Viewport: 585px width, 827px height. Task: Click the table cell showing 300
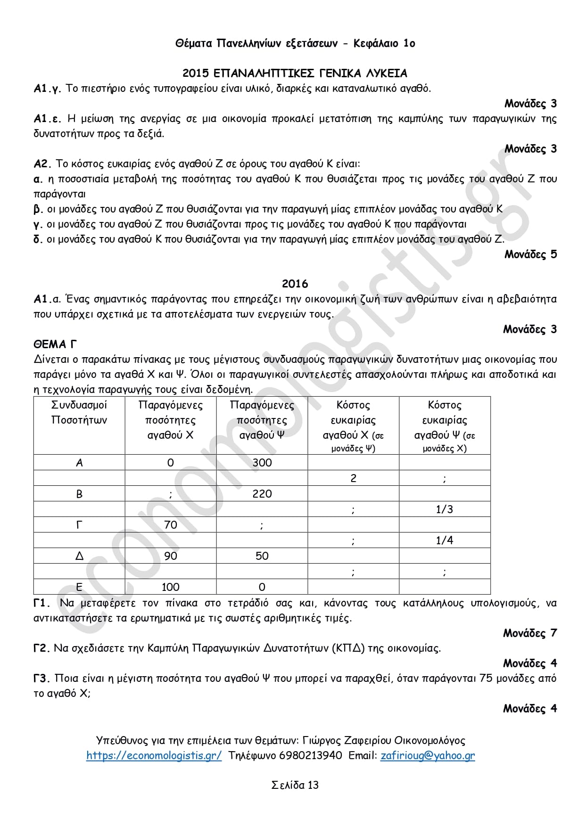[x=262, y=463]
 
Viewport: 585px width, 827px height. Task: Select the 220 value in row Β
[x=262, y=494]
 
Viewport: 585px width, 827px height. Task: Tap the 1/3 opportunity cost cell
[x=444, y=509]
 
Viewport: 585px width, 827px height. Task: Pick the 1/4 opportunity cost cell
[x=444, y=540]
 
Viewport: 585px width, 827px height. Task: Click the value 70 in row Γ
[x=170, y=525]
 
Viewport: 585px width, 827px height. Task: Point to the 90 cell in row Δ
[x=170, y=556]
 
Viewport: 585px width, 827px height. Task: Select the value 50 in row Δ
[x=262, y=556]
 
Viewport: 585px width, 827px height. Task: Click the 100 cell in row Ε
[x=170, y=587]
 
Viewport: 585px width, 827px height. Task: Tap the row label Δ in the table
[x=79, y=556]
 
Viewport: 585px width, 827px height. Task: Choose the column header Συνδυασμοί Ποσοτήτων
[x=79, y=412]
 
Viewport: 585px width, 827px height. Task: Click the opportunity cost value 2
[x=353, y=478]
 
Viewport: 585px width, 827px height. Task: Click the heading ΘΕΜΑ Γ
[x=55, y=344]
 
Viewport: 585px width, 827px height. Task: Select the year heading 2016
[x=295, y=284]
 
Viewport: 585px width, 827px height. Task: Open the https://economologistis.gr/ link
[x=154, y=755]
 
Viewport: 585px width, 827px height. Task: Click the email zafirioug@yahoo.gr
[x=428, y=755]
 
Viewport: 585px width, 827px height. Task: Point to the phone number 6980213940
[x=311, y=755]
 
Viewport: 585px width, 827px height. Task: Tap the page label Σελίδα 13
[x=295, y=785]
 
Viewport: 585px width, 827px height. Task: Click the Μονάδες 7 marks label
[x=529, y=633]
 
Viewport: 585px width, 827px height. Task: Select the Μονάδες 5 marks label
[x=530, y=254]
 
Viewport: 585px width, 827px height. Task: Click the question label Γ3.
[x=41, y=679]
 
